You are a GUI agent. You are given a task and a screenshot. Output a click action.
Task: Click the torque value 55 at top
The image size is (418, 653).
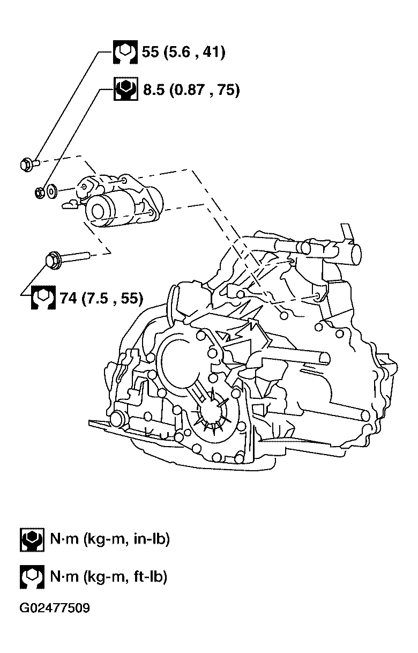tap(150, 52)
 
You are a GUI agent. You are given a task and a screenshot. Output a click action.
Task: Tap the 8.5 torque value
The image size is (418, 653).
tap(154, 90)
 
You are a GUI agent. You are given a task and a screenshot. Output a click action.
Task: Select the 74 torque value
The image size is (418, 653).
tap(68, 298)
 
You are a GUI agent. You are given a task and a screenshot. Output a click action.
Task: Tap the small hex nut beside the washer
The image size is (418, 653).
tap(40, 192)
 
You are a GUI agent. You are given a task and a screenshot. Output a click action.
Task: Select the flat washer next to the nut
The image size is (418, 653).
tap(52, 191)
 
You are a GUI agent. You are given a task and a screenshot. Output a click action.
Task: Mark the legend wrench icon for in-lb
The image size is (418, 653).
tap(32, 539)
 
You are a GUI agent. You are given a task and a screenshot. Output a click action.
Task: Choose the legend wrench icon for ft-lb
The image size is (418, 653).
tap(32, 577)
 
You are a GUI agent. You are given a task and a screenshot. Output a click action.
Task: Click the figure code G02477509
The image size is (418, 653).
tap(55, 608)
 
